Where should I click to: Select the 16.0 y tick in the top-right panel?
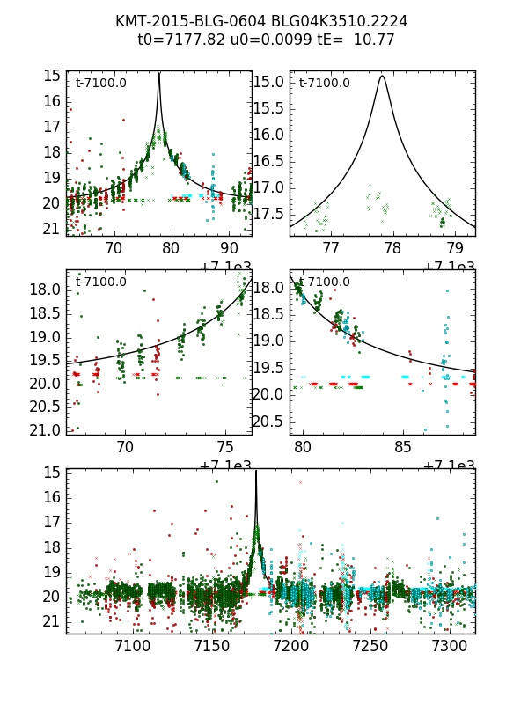click(x=269, y=135)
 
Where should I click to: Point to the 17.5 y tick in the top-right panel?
click(x=269, y=214)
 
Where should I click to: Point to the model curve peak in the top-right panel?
click(x=382, y=76)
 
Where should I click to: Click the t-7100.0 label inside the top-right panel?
click(x=325, y=84)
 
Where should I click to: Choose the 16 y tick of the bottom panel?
click(x=55, y=497)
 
